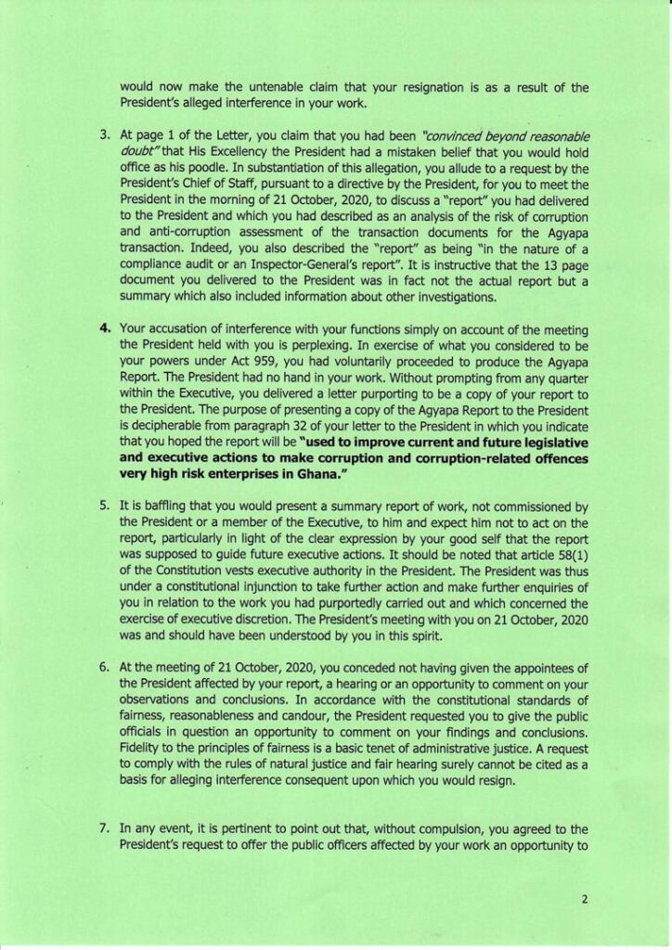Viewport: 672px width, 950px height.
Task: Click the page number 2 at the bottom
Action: pyautogui.click(x=586, y=899)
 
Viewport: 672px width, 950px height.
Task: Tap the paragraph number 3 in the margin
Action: pyautogui.click(x=105, y=136)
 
